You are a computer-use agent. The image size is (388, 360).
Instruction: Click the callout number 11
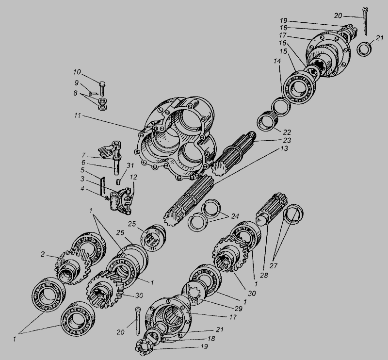[x=78, y=115]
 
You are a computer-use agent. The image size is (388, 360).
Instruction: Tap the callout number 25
[x=132, y=224]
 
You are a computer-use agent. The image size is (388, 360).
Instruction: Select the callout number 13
[x=284, y=148]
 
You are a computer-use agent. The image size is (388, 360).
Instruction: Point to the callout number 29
[x=239, y=309]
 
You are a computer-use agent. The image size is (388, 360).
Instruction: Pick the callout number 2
[x=43, y=254]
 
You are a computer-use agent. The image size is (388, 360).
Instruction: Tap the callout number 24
[x=235, y=216]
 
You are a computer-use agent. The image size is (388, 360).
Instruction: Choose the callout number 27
[x=274, y=266]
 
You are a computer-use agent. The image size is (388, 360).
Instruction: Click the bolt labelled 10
[x=102, y=88]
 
